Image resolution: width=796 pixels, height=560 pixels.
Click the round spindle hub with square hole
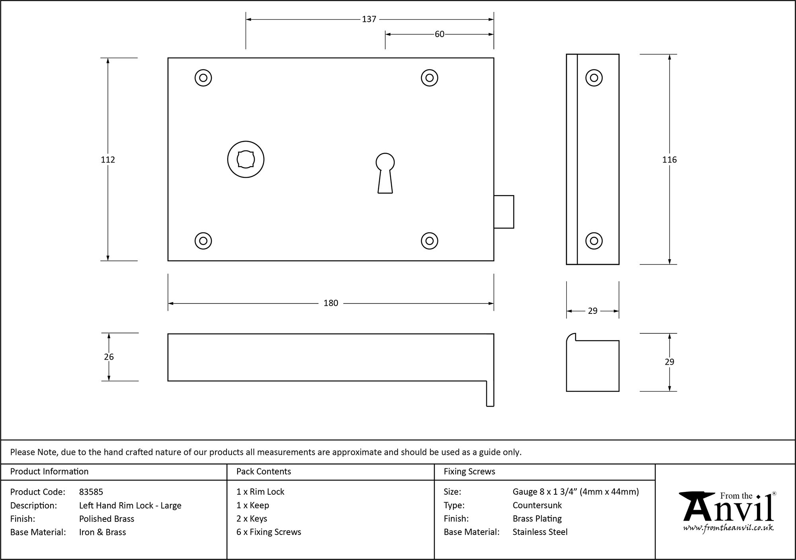(246, 159)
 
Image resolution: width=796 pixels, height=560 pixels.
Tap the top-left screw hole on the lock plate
(203, 78)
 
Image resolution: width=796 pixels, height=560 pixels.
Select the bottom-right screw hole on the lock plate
(429, 241)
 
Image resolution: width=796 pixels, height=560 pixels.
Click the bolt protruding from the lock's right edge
(504, 211)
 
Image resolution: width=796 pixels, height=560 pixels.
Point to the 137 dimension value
(369, 19)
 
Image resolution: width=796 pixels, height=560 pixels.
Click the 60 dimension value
(439, 34)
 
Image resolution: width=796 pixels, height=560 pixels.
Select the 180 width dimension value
(331, 303)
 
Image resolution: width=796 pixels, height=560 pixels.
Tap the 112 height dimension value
(108, 160)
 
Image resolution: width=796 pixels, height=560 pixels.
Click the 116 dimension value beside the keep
(669, 160)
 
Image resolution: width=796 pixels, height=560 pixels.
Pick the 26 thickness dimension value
(109, 357)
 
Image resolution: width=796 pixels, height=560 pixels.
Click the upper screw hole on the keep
(594, 78)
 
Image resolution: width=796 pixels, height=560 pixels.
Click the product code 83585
(91, 492)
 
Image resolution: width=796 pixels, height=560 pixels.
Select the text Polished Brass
(107, 519)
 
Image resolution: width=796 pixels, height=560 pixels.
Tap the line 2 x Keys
(252, 519)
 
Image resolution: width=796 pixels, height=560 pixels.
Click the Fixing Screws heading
(469, 472)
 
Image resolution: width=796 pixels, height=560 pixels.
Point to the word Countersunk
(537, 505)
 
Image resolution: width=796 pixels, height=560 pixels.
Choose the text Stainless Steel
(540, 532)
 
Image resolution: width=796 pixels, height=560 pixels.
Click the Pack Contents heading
(263, 472)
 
